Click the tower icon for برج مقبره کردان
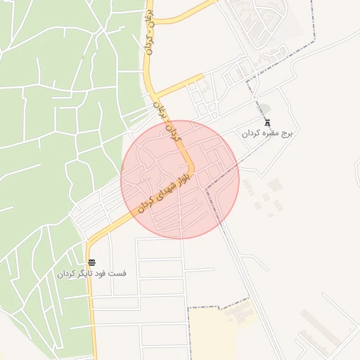point(266,121)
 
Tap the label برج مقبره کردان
point(271,133)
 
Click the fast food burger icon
point(93,262)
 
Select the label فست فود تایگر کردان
point(92,273)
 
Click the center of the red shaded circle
point(180,180)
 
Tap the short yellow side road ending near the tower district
point(179,85)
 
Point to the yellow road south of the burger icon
point(90,316)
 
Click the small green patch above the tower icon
point(265,107)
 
